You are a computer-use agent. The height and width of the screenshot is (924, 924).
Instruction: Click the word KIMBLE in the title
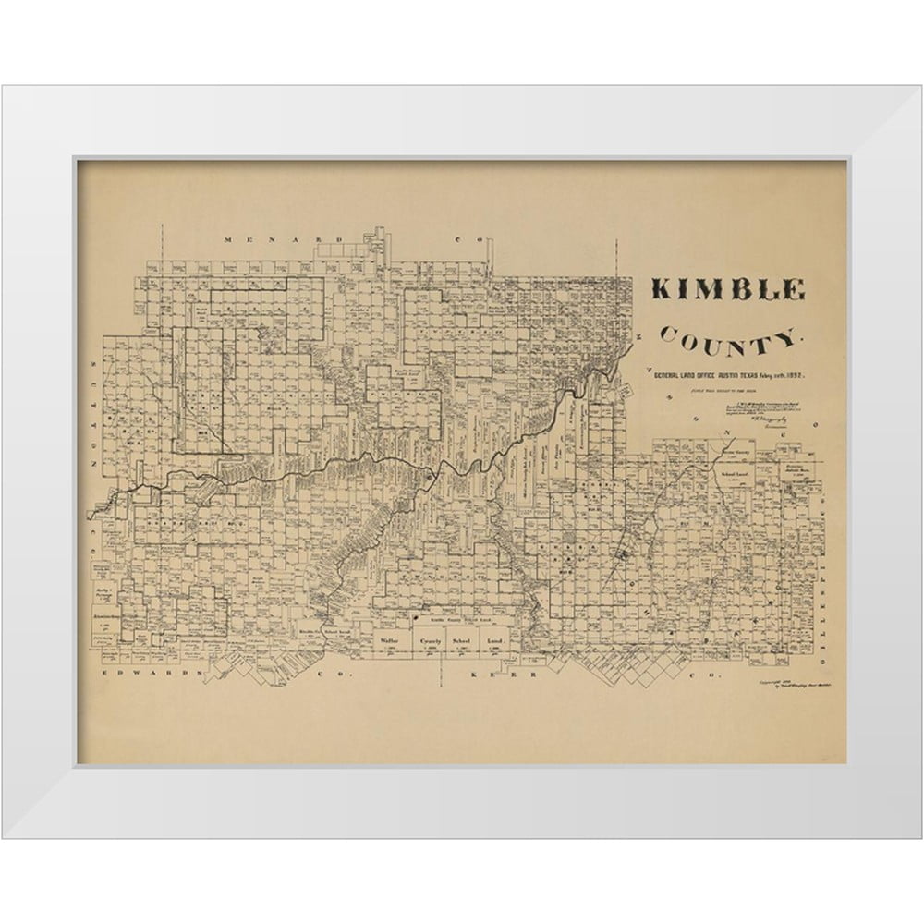[x=728, y=289]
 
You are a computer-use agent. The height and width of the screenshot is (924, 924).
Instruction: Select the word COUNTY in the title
[x=731, y=340]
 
